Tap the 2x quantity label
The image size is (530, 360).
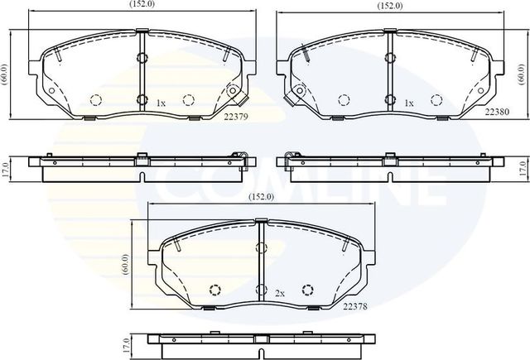280,292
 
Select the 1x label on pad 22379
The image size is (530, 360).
161,103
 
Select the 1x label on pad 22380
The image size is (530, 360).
409,103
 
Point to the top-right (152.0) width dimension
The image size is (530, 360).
390,5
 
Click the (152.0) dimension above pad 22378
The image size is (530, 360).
263,197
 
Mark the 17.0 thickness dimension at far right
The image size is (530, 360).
523,169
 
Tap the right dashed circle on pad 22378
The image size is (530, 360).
308,289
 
